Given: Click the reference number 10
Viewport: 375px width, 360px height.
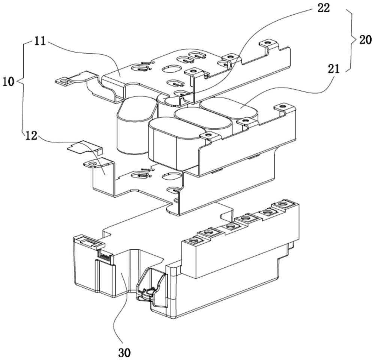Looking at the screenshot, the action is (x=8, y=82).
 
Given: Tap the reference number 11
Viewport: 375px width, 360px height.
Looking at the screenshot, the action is (x=40, y=41).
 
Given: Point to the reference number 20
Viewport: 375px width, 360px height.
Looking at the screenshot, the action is (x=365, y=40).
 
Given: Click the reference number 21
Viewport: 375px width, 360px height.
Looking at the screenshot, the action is (x=334, y=69).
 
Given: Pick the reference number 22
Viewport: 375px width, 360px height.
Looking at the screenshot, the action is (x=323, y=8).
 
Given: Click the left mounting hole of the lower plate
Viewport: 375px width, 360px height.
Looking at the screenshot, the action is (x=91, y=164).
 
